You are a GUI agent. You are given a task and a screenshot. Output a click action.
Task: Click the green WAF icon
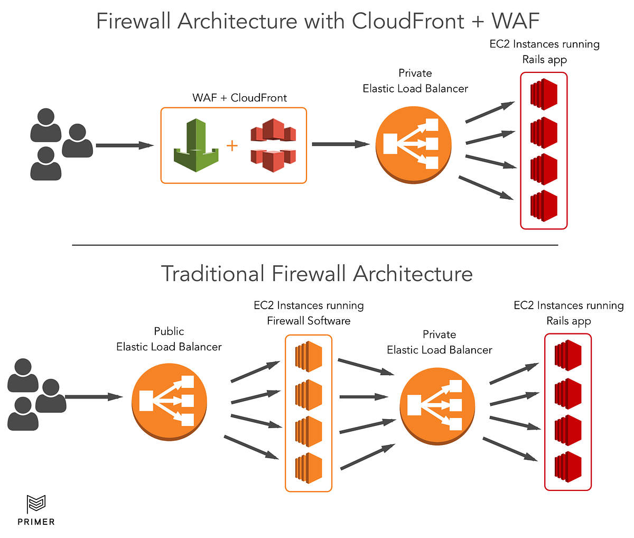click(x=195, y=145)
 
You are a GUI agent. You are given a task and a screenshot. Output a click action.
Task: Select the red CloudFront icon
click(x=273, y=145)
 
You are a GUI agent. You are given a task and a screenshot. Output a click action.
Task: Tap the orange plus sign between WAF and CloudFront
click(x=232, y=145)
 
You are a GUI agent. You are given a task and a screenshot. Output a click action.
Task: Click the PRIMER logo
click(x=36, y=510)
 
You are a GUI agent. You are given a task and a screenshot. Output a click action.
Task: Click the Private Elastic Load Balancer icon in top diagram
click(x=414, y=145)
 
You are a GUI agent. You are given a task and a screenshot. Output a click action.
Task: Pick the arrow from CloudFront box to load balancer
click(x=340, y=144)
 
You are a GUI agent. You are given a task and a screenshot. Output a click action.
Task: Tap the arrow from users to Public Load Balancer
click(x=94, y=396)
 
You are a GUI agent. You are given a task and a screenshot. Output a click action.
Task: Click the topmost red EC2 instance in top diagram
click(x=544, y=95)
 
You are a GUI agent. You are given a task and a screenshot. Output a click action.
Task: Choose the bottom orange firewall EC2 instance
click(x=309, y=468)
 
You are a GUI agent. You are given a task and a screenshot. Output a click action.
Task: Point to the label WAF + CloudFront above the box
click(x=239, y=98)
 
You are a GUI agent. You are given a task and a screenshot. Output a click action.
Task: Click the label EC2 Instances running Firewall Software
click(x=309, y=313)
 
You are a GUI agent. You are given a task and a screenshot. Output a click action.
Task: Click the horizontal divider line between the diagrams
click(x=315, y=245)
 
